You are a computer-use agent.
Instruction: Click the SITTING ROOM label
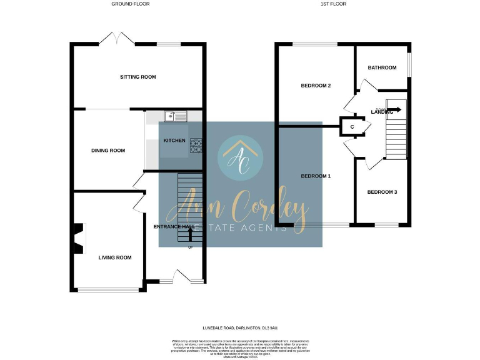[x=138, y=77]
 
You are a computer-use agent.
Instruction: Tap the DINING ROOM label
[x=108, y=150]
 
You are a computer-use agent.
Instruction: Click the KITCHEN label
[x=174, y=141]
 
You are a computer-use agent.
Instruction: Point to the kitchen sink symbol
[x=175, y=116]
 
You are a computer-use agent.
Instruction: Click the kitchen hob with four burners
[x=196, y=145]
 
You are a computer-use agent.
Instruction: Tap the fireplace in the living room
[x=78, y=239]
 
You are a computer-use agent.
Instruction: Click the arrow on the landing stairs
[x=394, y=110]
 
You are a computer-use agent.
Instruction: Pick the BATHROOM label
[x=382, y=67]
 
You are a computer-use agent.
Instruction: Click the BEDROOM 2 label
[x=316, y=86]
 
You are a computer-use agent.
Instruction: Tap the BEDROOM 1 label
[x=316, y=176]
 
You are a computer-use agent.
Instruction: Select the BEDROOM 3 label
[x=382, y=192]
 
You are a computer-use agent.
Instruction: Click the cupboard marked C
[x=352, y=127]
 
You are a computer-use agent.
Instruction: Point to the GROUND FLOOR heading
[x=131, y=4]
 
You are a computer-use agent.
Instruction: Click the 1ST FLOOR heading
[x=333, y=4]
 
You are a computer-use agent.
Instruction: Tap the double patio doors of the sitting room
[x=117, y=38]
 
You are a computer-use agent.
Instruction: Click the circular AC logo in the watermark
[x=241, y=157]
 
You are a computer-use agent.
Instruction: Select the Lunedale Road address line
[x=240, y=327]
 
